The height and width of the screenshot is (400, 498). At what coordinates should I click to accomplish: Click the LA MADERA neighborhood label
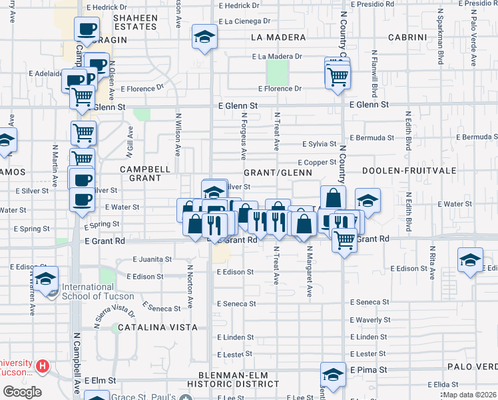[x=278, y=37]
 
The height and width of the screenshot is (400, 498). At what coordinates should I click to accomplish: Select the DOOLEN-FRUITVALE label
[x=409, y=171]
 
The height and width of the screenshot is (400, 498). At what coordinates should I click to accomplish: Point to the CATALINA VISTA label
[x=158, y=327]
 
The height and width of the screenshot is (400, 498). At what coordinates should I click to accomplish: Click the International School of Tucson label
[x=98, y=292]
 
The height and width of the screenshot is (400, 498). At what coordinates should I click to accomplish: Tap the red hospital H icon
[x=43, y=366]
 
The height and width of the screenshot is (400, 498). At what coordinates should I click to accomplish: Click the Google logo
[x=22, y=392]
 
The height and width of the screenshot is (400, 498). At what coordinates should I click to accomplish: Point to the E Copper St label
[x=317, y=163]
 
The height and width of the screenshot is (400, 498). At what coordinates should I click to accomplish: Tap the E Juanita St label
[x=152, y=259]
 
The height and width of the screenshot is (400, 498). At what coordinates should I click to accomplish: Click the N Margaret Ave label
[x=310, y=271]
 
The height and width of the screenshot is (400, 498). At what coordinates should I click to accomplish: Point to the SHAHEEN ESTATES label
[x=135, y=22]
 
